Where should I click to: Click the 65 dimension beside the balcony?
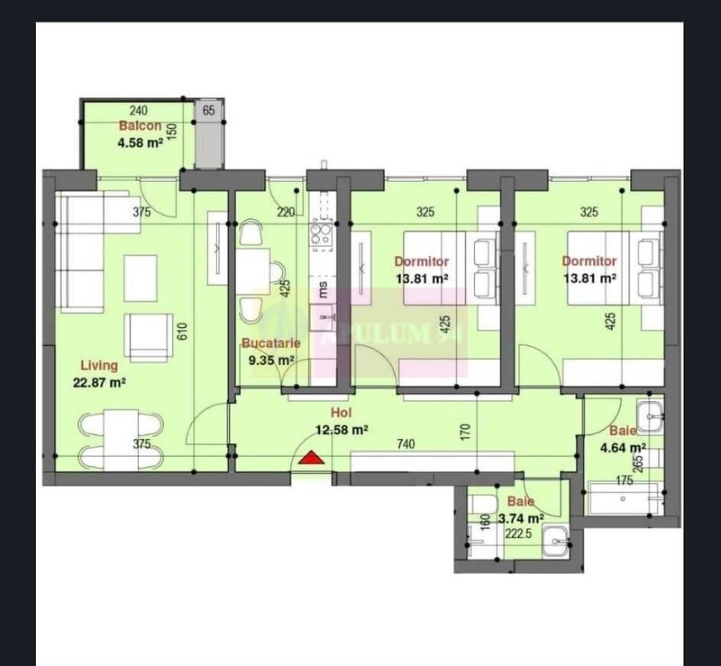(209, 111)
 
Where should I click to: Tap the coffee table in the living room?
(140, 270)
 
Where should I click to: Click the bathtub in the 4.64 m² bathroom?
(625, 497)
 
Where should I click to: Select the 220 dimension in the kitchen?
(286, 214)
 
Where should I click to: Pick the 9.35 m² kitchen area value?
(271, 360)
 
